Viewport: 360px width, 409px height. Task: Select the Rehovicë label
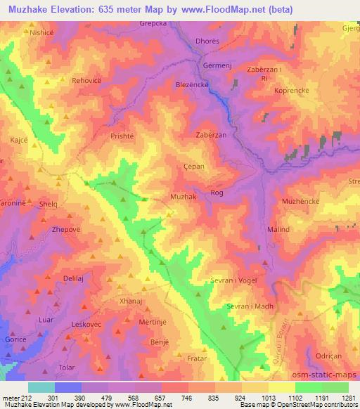[x=88, y=81]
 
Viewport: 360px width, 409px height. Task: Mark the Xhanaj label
[x=131, y=300]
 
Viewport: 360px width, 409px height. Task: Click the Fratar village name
[x=198, y=358]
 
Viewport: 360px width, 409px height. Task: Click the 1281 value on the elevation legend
[x=347, y=398]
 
